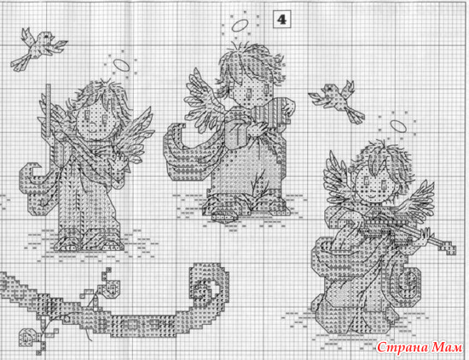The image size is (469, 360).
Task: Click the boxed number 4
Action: point(281,20)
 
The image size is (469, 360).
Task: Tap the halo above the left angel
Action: point(122,66)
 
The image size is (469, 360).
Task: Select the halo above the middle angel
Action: point(240,26)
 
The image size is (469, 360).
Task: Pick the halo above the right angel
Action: point(398,127)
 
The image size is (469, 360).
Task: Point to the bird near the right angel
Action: point(338,101)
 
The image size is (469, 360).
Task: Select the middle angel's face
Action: point(251,92)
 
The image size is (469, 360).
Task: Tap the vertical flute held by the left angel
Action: point(49,109)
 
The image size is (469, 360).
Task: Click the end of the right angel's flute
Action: point(449,249)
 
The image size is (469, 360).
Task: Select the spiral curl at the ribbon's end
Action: point(210,282)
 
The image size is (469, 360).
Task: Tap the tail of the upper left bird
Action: point(21,62)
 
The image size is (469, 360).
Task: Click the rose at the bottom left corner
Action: point(28,337)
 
